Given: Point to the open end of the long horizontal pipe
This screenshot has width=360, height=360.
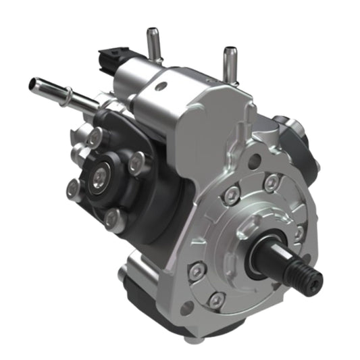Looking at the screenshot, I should coord(32,84).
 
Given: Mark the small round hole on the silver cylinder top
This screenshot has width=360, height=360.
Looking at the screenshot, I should coord(159,86).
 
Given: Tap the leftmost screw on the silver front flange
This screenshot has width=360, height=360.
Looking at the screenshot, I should coord(197,271).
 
